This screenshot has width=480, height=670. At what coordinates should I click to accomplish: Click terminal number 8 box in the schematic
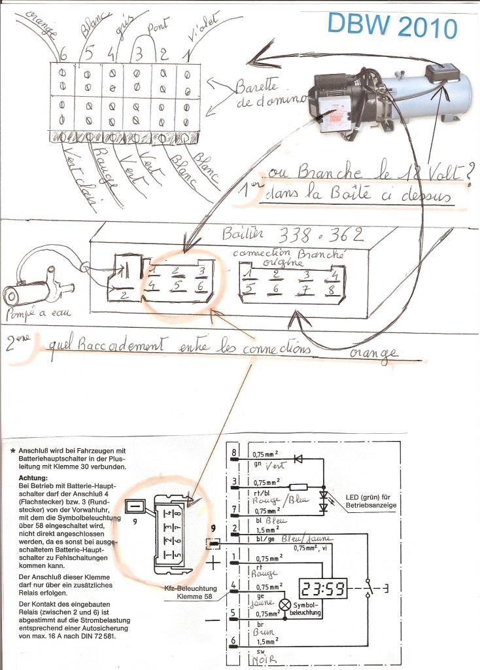pyautogui.click(x=234, y=453)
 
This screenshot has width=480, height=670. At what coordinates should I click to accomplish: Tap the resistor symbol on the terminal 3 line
pyautogui.click(x=298, y=487)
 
